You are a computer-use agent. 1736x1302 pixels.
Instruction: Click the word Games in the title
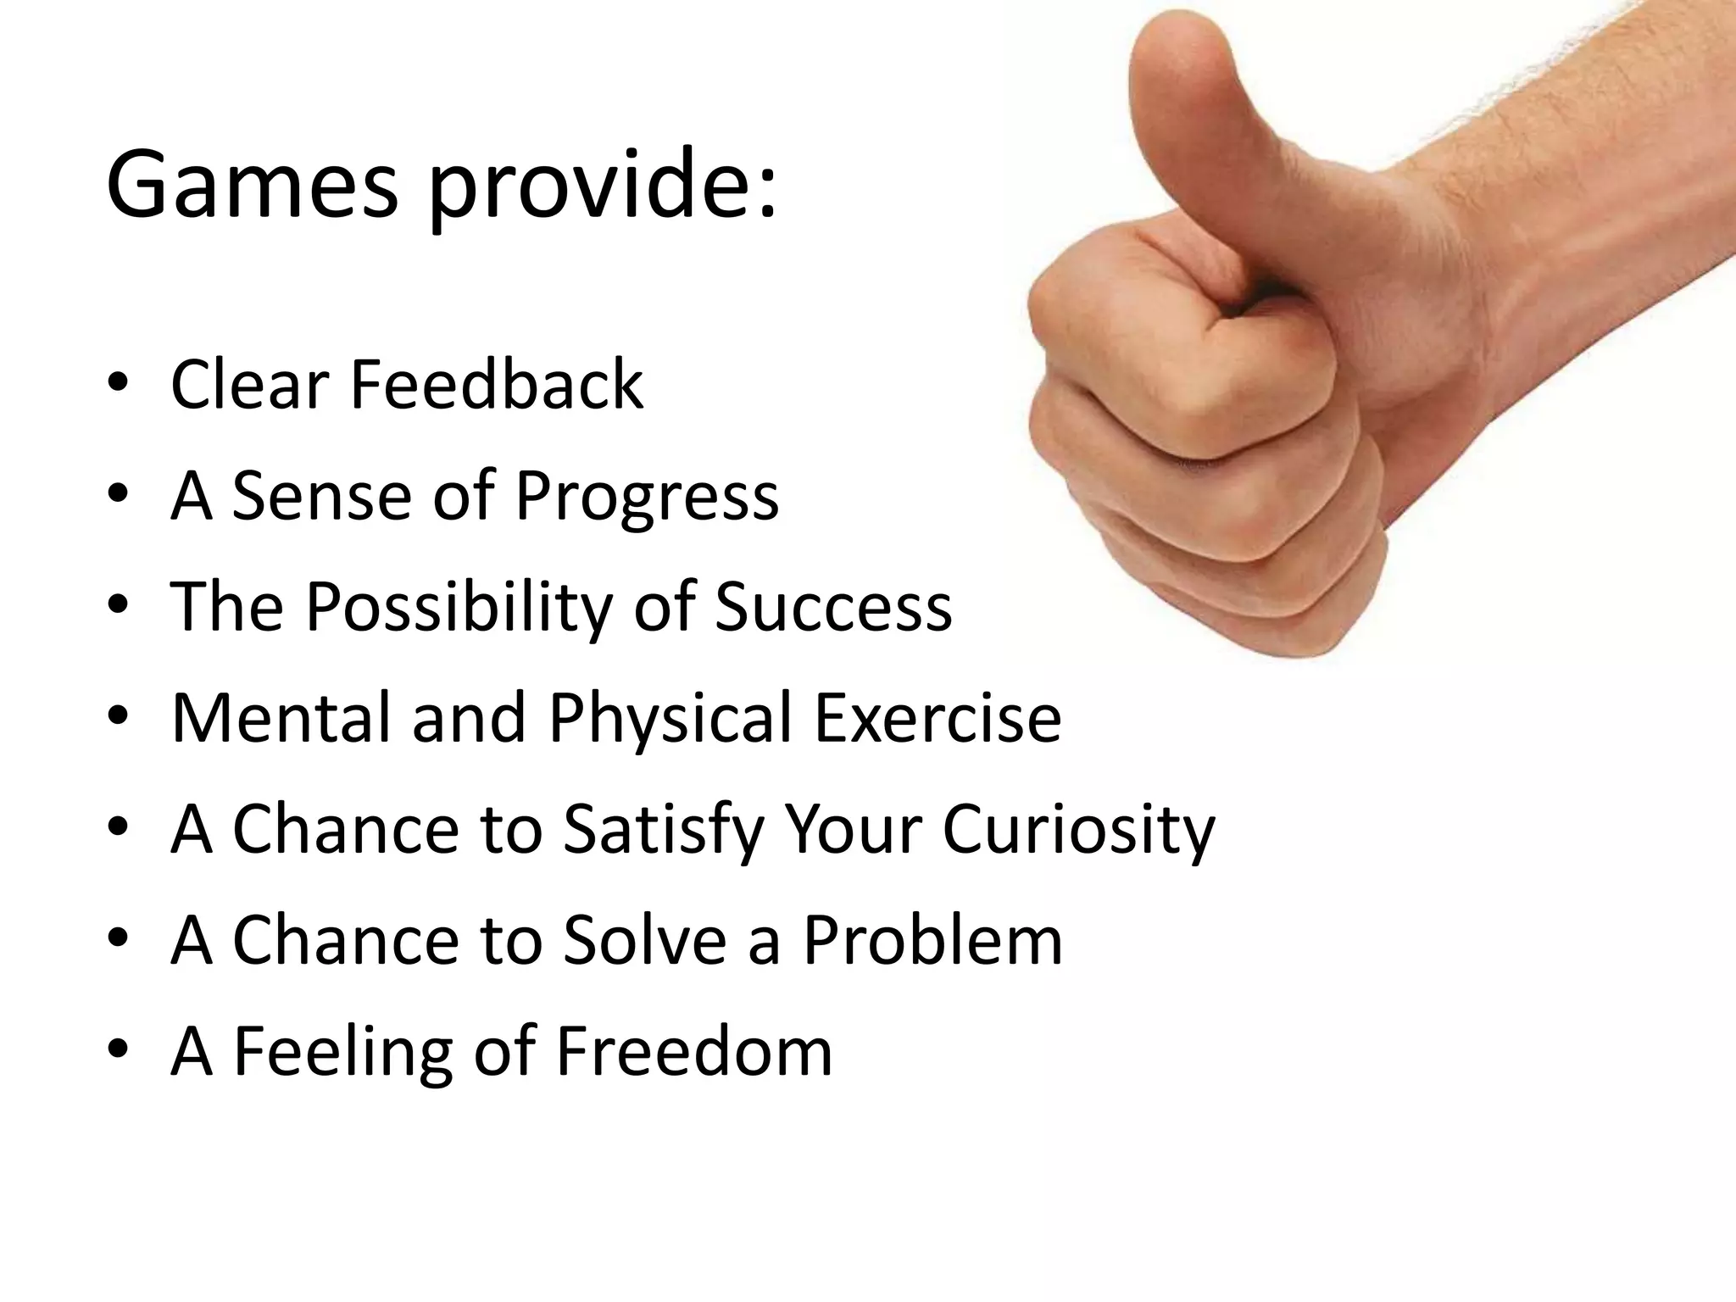click(x=252, y=184)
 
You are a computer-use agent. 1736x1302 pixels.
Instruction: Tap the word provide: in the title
click(x=602, y=186)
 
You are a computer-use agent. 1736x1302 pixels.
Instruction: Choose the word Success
click(x=834, y=607)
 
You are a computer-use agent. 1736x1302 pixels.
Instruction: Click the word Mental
click(x=281, y=717)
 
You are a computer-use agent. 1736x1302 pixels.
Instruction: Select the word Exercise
click(x=938, y=717)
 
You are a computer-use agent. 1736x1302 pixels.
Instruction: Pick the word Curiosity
click(x=1078, y=832)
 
